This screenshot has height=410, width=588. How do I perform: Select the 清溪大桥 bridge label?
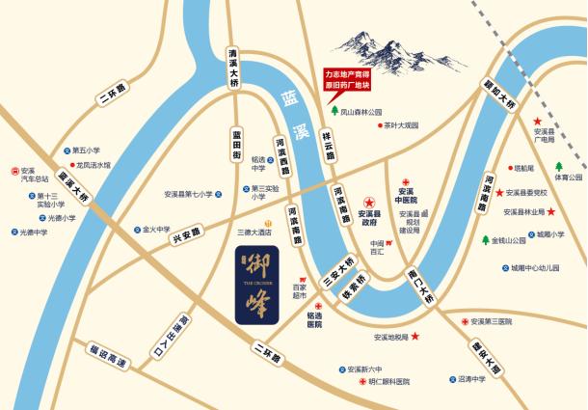click(x=233, y=67)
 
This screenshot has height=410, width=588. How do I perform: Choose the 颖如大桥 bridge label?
click(x=500, y=96)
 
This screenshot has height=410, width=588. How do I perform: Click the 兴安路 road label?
click(x=187, y=232)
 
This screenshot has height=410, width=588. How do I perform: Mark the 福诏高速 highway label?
click(x=106, y=358)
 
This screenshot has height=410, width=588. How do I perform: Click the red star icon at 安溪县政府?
click(x=369, y=200)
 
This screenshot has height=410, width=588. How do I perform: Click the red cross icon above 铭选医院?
click(x=319, y=307)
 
